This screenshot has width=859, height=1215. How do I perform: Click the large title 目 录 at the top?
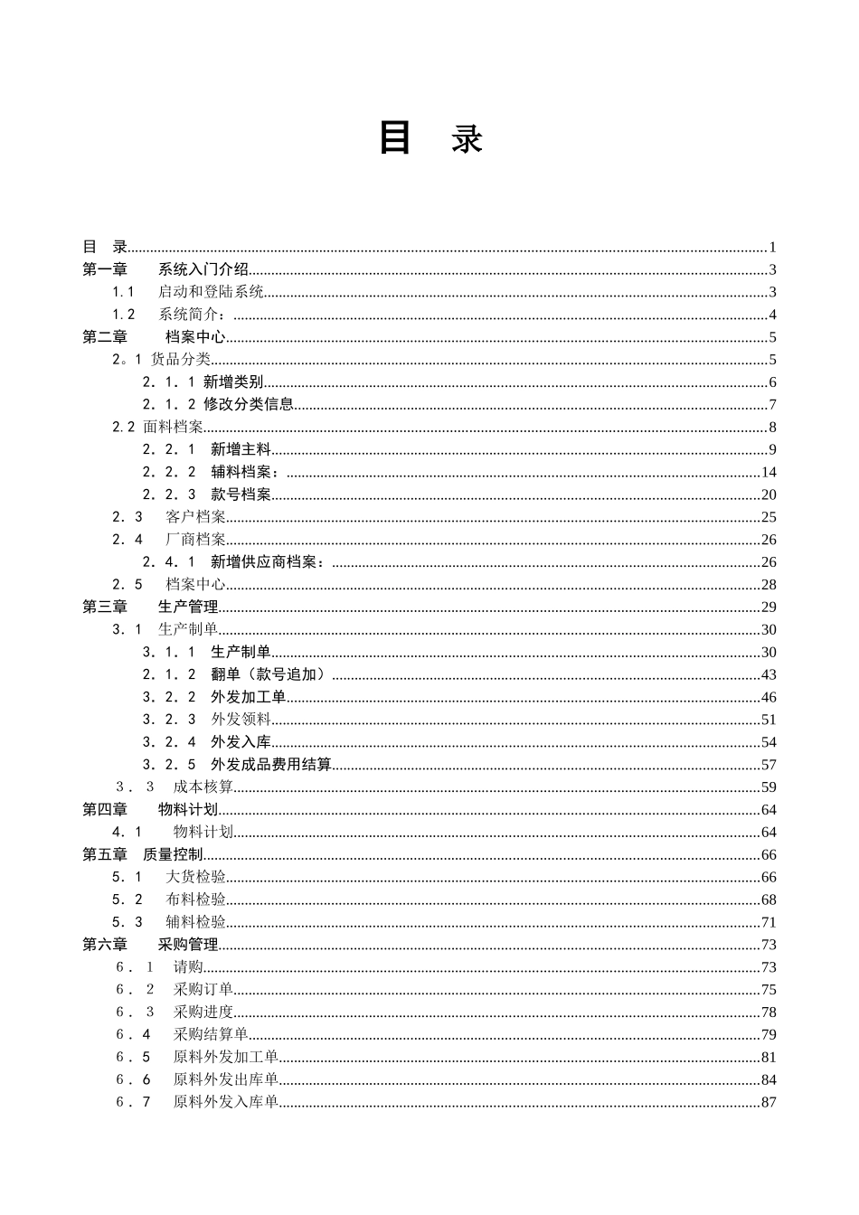[430, 138]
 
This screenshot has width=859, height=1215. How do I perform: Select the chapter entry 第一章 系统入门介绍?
[165, 269]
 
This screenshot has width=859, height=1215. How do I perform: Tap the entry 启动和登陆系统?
[211, 292]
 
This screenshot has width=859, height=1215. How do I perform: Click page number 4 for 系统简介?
[772, 316]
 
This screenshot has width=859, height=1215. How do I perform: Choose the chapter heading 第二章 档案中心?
[154, 337]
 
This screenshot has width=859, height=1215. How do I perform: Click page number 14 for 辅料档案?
[769, 472]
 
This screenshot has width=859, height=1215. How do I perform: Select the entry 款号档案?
[241, 494]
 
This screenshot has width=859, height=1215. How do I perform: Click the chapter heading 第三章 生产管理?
[150, 607]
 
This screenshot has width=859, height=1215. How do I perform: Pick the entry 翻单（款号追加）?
[268, 674]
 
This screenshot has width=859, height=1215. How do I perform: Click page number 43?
[769, 675]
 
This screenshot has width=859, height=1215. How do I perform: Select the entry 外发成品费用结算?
[270, 765]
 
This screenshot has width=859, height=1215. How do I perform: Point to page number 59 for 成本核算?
[769, 787]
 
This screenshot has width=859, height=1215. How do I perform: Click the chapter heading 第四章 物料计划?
[150, 810]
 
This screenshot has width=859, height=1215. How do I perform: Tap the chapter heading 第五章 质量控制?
[143, 854]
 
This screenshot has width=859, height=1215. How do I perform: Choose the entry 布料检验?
[195, 899]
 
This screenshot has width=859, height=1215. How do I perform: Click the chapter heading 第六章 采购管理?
[150, 945]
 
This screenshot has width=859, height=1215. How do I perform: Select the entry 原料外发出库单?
[225, 1079]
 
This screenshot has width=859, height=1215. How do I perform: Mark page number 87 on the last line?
[769, 1102]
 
